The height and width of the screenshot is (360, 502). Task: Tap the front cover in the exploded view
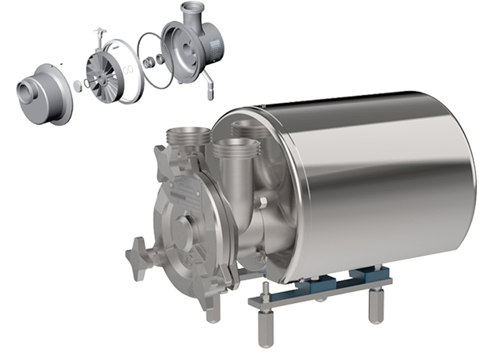pyautogui.click(x=43, y=89)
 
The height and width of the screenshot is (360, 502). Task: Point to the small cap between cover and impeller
pyautogui.click(x=77, y=85)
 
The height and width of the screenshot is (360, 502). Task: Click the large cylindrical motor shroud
pyautogui.click(x=372, y=182)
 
